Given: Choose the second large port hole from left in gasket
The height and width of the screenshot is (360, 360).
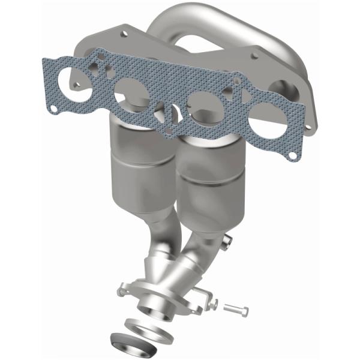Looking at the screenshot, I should pyautogui.click(x=130, y=95).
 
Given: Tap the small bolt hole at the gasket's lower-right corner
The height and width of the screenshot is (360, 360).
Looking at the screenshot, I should pyautogui.click(x=292, y=155).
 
